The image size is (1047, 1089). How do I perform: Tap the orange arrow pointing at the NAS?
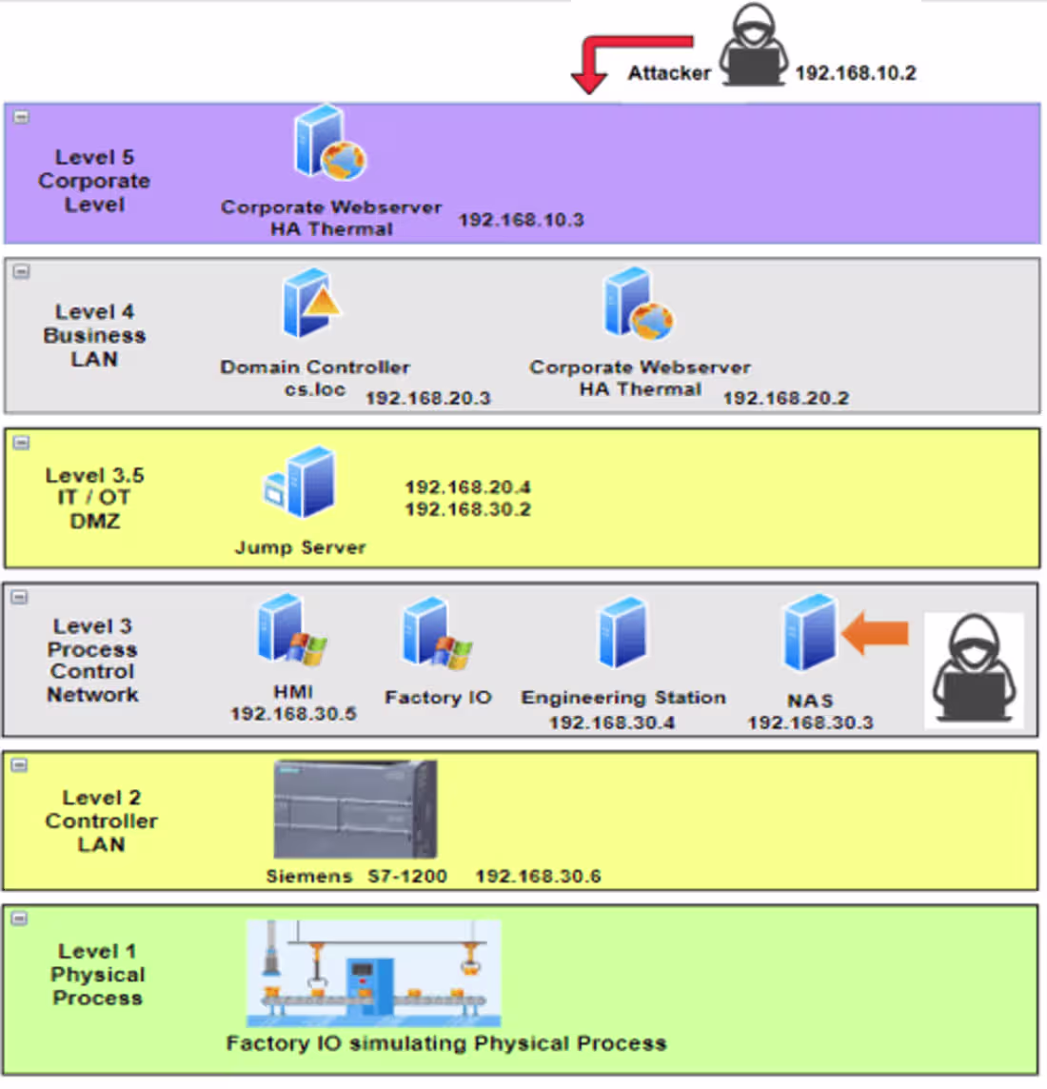875,633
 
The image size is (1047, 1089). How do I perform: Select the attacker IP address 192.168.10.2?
855,73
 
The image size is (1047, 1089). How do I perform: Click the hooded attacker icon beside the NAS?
973,671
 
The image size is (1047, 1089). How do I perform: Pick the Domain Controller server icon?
310,304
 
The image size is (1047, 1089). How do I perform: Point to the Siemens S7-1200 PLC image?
355,809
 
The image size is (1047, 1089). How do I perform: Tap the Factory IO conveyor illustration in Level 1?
373,973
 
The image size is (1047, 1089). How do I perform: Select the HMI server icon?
291,629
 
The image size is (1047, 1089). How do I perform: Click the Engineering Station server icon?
622,633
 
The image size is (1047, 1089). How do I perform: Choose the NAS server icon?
810,633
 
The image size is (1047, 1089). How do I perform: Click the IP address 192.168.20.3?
427,398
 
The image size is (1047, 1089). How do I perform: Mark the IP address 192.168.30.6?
538,876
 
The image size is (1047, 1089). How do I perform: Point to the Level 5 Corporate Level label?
94,181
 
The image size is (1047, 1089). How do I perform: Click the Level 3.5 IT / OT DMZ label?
94,498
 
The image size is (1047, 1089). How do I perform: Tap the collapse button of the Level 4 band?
21,271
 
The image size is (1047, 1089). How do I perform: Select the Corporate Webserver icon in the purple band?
329,144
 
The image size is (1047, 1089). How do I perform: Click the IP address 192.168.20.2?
785,398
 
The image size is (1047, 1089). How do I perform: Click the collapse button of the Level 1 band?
20,919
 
